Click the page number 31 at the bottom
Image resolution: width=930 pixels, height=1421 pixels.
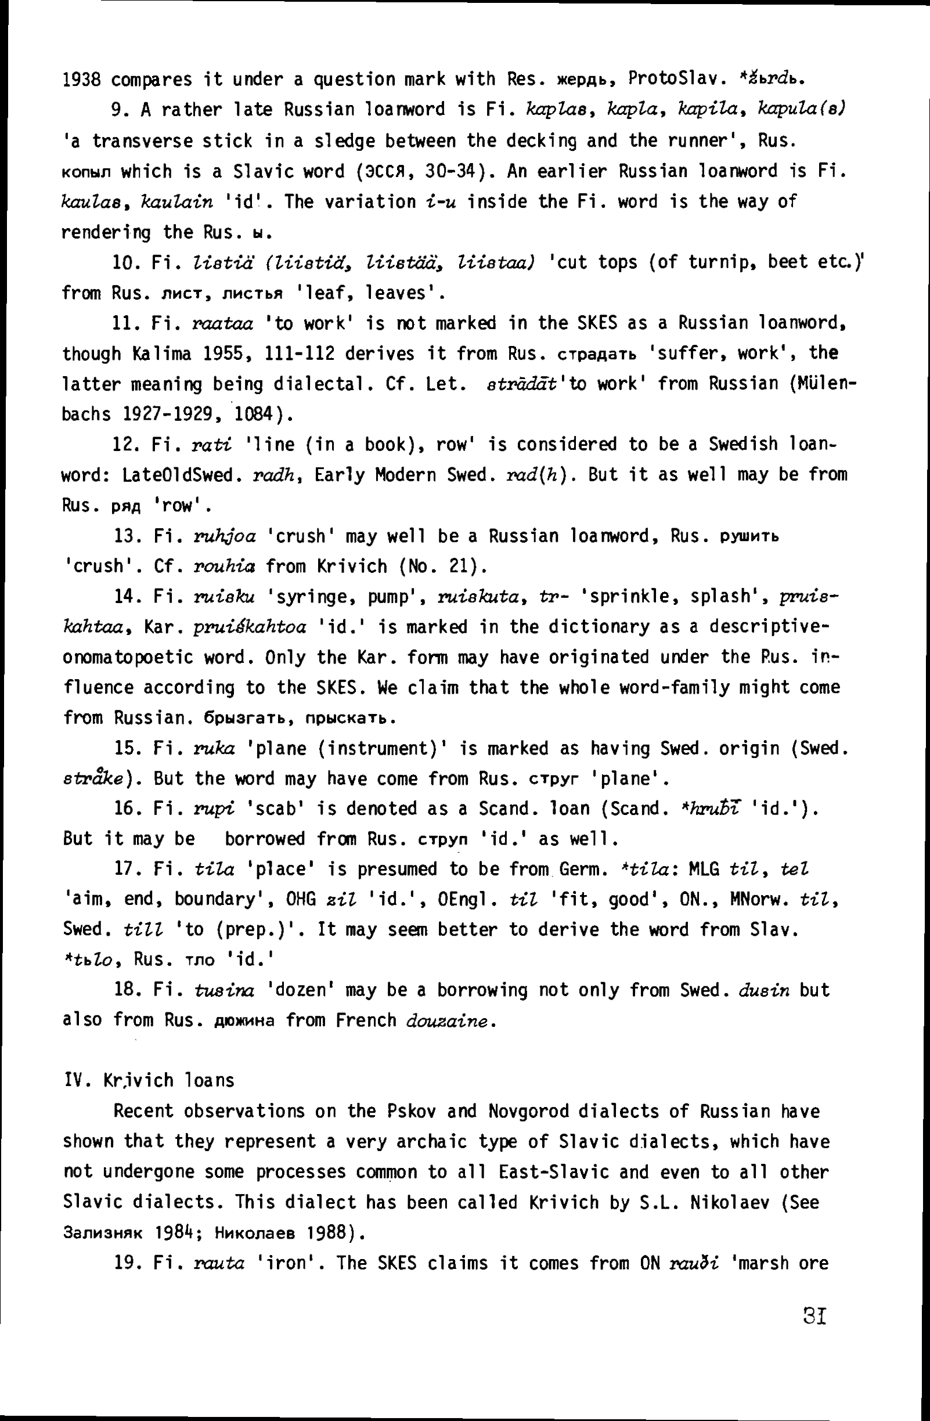pos(814,1315)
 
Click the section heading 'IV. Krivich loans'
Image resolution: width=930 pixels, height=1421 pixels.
pos(149,1081)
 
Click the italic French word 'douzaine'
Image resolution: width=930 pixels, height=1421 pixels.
pos(450,1020)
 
